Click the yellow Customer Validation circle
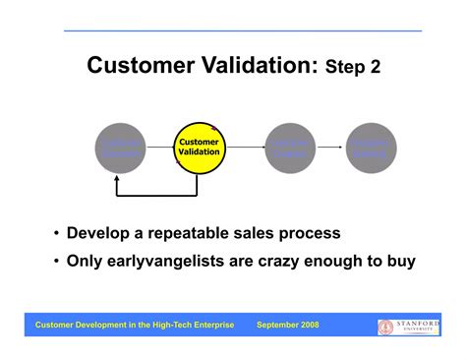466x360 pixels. coord(199,148)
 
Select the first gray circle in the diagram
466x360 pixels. coord(120,148)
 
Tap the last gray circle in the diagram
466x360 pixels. coord(371,148)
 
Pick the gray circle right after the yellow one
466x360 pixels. coord(289,148)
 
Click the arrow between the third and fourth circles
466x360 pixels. coord(329,148)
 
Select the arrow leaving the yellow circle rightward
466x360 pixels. coord(244,148)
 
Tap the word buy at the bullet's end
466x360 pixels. coord(399,262)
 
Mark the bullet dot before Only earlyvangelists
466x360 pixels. coord(56,262)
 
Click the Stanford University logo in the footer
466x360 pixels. coord(408,326)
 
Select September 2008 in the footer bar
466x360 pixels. coord(287,325)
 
